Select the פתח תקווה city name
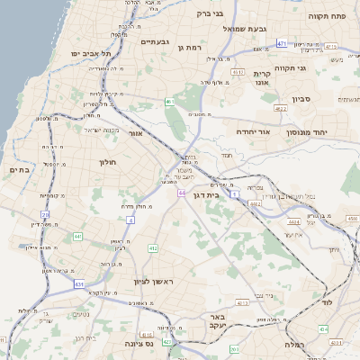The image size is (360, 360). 328,16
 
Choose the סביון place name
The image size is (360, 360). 301,100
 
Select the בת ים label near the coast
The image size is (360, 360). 20,169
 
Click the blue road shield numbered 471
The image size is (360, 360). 282,42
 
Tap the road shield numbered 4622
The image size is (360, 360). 281,109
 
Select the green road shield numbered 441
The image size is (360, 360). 77,236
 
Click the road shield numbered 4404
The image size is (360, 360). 293,220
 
